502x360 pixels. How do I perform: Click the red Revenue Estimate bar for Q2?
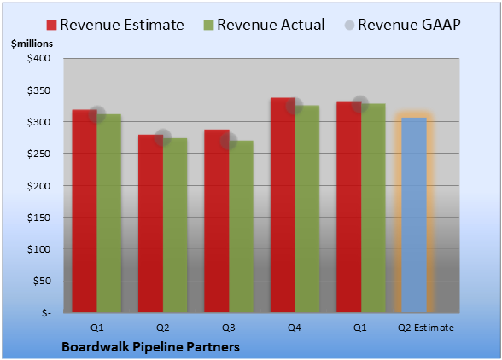[x=150, y=224]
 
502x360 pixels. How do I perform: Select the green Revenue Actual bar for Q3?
[x=241, y=227]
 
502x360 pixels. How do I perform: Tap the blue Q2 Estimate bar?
[x=414, y=215]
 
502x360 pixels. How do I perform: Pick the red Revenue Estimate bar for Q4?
[x=283, y=205]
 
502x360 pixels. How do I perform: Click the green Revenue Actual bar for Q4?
[x=307, y=209]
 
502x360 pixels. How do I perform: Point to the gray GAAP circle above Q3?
[x=229, y=141]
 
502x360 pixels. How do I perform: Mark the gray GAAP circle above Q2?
[x=163, y=137]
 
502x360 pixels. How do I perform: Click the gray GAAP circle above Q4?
[x=295, y=106]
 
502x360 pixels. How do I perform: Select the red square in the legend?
[x=51, y=26]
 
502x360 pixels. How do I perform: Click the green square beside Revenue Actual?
[x=208, y=26]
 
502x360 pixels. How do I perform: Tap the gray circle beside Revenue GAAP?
[x=350, y=26]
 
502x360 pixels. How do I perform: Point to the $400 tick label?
[x=38, y=58]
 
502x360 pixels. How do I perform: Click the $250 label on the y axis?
[x=38, y=154]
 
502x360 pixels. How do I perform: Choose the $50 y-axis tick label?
[x=42, y=281]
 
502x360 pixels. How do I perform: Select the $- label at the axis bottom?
[x=46, y=313]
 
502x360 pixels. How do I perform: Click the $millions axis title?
[x=32, y=44]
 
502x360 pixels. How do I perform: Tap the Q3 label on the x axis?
[x=229, y=328]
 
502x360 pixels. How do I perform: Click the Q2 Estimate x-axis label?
[x=426, y=328]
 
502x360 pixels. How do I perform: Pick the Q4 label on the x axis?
[x=295, y=328]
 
